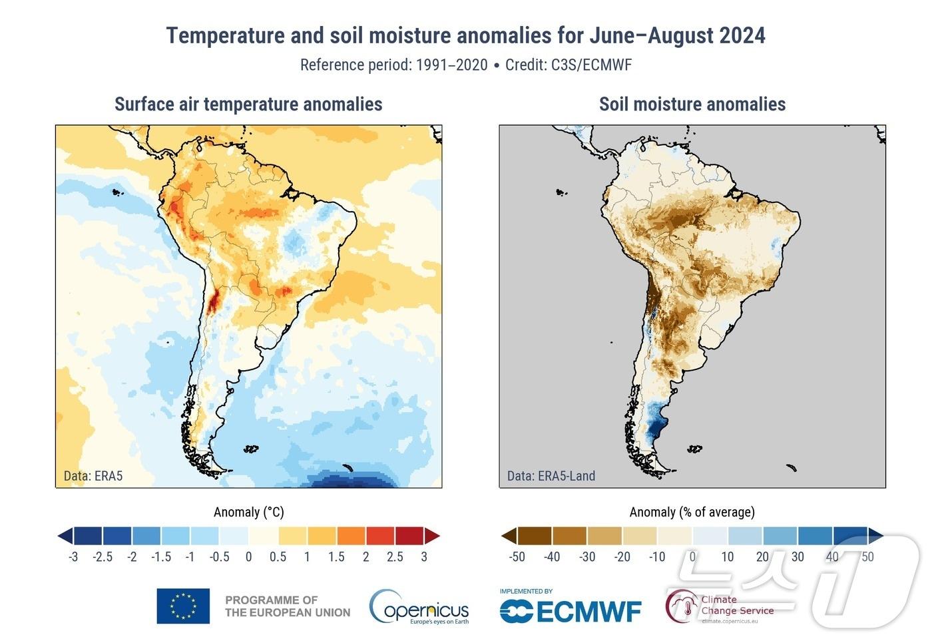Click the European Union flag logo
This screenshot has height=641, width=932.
tap(183, 606)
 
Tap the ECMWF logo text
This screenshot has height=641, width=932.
tap(571, 611)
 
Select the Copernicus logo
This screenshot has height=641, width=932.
tap(419, 606)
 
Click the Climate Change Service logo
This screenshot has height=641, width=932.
tap(720, 606)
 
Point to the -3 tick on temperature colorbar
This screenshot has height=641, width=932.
tap(73, 556)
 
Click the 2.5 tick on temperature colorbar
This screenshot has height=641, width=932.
tap(395, 556)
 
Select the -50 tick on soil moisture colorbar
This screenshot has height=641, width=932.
tap(517, 556)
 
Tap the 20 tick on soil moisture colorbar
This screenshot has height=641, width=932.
tap(762, 556)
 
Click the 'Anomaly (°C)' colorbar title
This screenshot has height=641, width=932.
tap(248, 512)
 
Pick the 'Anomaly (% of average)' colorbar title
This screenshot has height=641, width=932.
tap(692, 512)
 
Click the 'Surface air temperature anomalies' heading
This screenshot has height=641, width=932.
tap(248, 105)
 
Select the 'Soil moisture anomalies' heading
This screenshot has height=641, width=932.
tap(692, 105)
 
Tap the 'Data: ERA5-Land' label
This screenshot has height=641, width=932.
tap(551, 476)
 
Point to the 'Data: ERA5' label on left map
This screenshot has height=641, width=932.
tap(93, 476)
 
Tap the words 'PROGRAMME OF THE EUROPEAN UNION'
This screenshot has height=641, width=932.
tap(288, 606)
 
